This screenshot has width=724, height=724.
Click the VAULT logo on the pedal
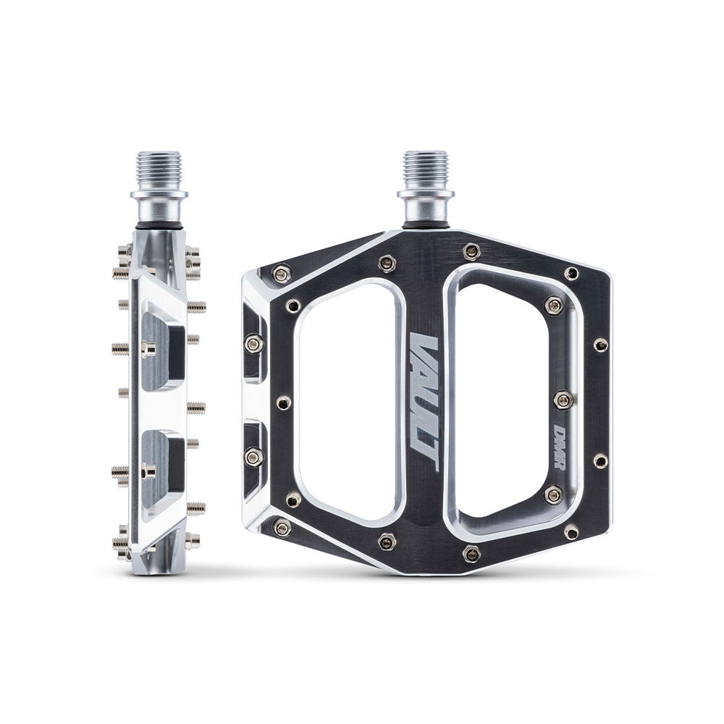tap(424, 403)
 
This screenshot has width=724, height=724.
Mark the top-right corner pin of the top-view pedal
tap(571, 273)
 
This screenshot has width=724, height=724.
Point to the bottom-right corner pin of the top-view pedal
tap(571, 532)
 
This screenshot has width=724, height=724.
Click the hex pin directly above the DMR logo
tap(563, 399)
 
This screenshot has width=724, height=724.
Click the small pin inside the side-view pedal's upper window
tap(148, 350)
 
